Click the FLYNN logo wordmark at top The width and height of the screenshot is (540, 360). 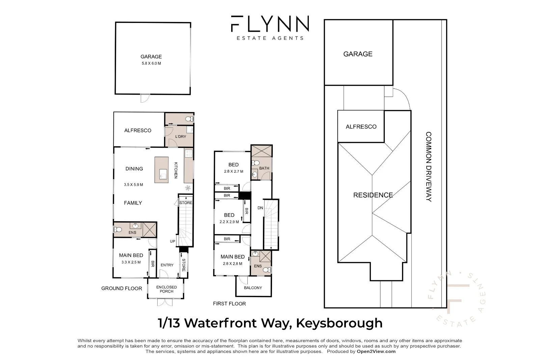[x=270, y=24]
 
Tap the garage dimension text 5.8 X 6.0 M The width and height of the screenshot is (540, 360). [x=151, y=63]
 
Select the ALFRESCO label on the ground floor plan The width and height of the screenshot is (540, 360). [x=138, y=131]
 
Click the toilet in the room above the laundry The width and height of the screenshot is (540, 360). [x=189, y=119]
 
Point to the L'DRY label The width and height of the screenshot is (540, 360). [x=181, y=136]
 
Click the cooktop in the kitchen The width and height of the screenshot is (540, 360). [x=189, y=153]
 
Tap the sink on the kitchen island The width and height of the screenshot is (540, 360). [x=163, y=174]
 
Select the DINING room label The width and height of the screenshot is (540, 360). [x=134, y=169]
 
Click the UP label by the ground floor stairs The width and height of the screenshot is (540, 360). [x=172, y=241]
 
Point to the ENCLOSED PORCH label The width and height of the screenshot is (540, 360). [x=166, y=289]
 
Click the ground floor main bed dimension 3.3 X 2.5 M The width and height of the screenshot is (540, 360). [x=131, y=262]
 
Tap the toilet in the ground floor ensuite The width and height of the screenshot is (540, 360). [x=118, y=229]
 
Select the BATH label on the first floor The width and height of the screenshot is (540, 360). [x=264, y=168]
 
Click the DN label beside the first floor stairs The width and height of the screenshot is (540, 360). [x=260, y=208]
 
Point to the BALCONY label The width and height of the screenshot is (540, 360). [x=253, y=288]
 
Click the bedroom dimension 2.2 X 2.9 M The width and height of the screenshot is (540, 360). [x=229, y=222]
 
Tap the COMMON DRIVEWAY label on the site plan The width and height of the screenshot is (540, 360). [x=428, y=167]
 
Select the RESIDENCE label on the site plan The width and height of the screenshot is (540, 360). [x=373, y=195]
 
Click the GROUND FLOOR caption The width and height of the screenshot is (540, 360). [x=122, y=288]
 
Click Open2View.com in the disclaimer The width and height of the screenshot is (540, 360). [x=376, y=351]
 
